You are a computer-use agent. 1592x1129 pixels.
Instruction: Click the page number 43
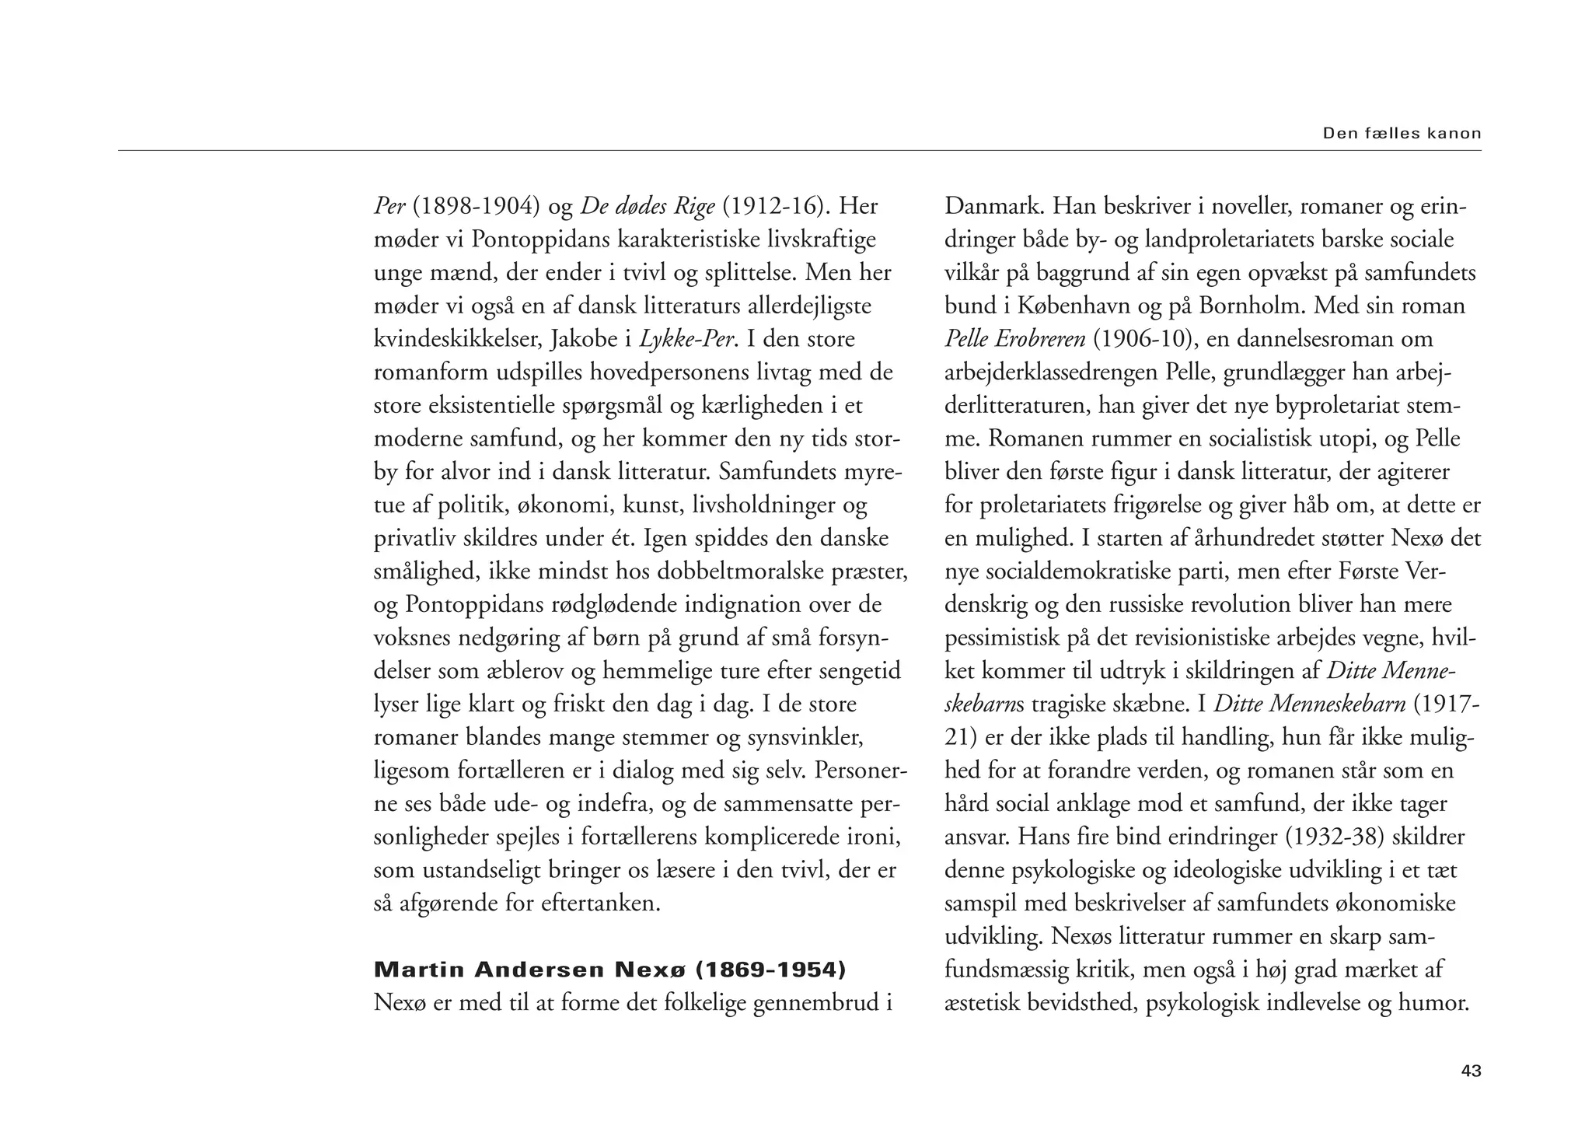tap(1471, 1071)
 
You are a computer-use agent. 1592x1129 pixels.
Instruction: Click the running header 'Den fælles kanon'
tap(1402, 133)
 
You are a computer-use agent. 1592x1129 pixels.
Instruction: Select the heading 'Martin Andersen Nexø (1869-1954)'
tap(609, 970)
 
